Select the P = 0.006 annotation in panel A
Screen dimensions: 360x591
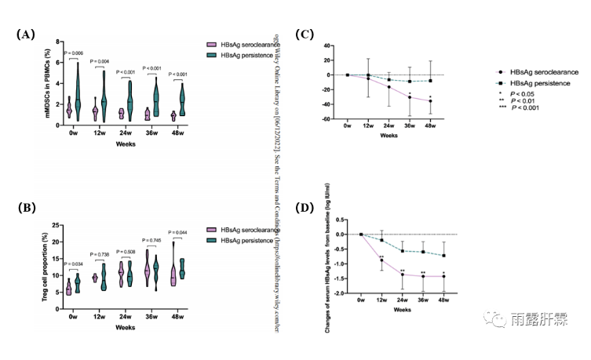pos(72,53)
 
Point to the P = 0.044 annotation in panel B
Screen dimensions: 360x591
pos(179,232)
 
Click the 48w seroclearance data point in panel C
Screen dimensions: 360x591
pos(430,101)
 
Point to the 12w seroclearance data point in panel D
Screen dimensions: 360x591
pos(381,260)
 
